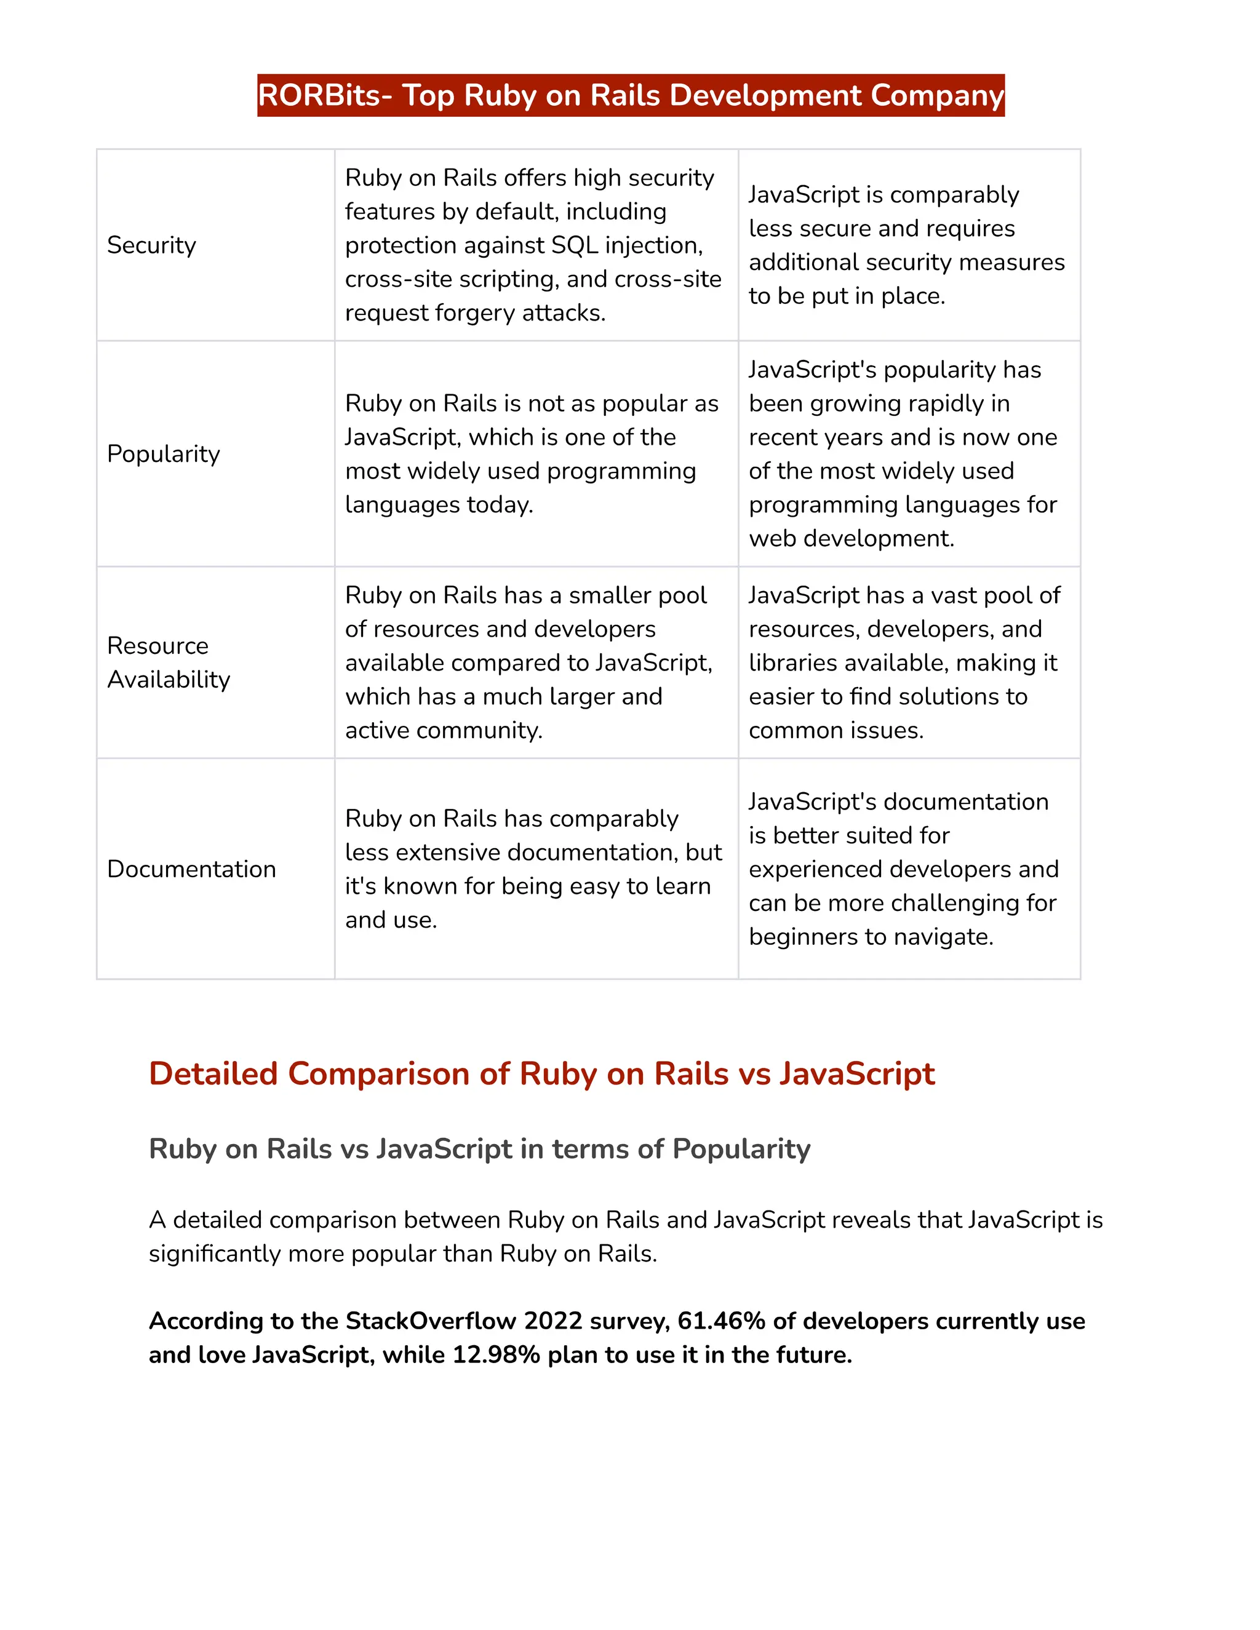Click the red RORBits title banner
631,95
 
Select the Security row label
151,245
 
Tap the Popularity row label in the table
164,454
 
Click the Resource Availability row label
169,662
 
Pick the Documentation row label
191,869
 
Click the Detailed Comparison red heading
541,1074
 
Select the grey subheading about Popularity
479,1148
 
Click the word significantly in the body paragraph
214,1254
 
